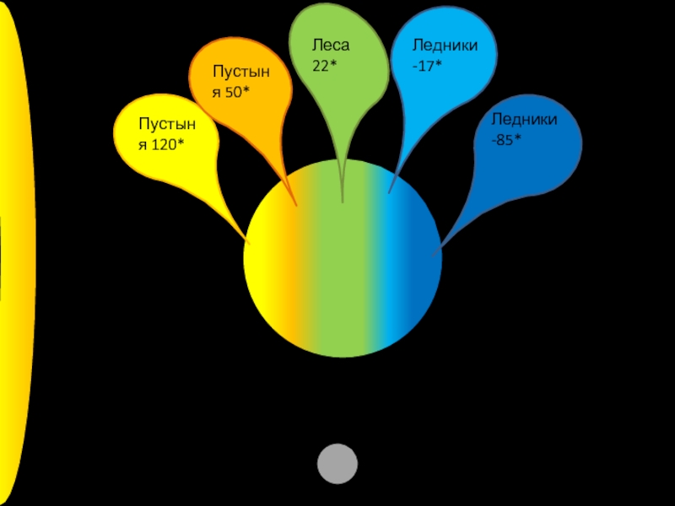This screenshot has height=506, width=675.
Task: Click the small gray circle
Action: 337,464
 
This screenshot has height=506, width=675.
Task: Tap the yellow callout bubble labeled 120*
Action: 165,139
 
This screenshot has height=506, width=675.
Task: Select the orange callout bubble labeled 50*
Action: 240,84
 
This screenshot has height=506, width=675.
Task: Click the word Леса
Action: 331,45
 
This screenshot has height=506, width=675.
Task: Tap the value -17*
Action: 427,64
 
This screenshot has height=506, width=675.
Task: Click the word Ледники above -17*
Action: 445,45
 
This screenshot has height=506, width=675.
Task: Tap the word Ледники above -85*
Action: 524,120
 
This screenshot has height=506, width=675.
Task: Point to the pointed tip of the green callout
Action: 343,201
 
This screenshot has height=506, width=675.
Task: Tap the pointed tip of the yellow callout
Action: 248,242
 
